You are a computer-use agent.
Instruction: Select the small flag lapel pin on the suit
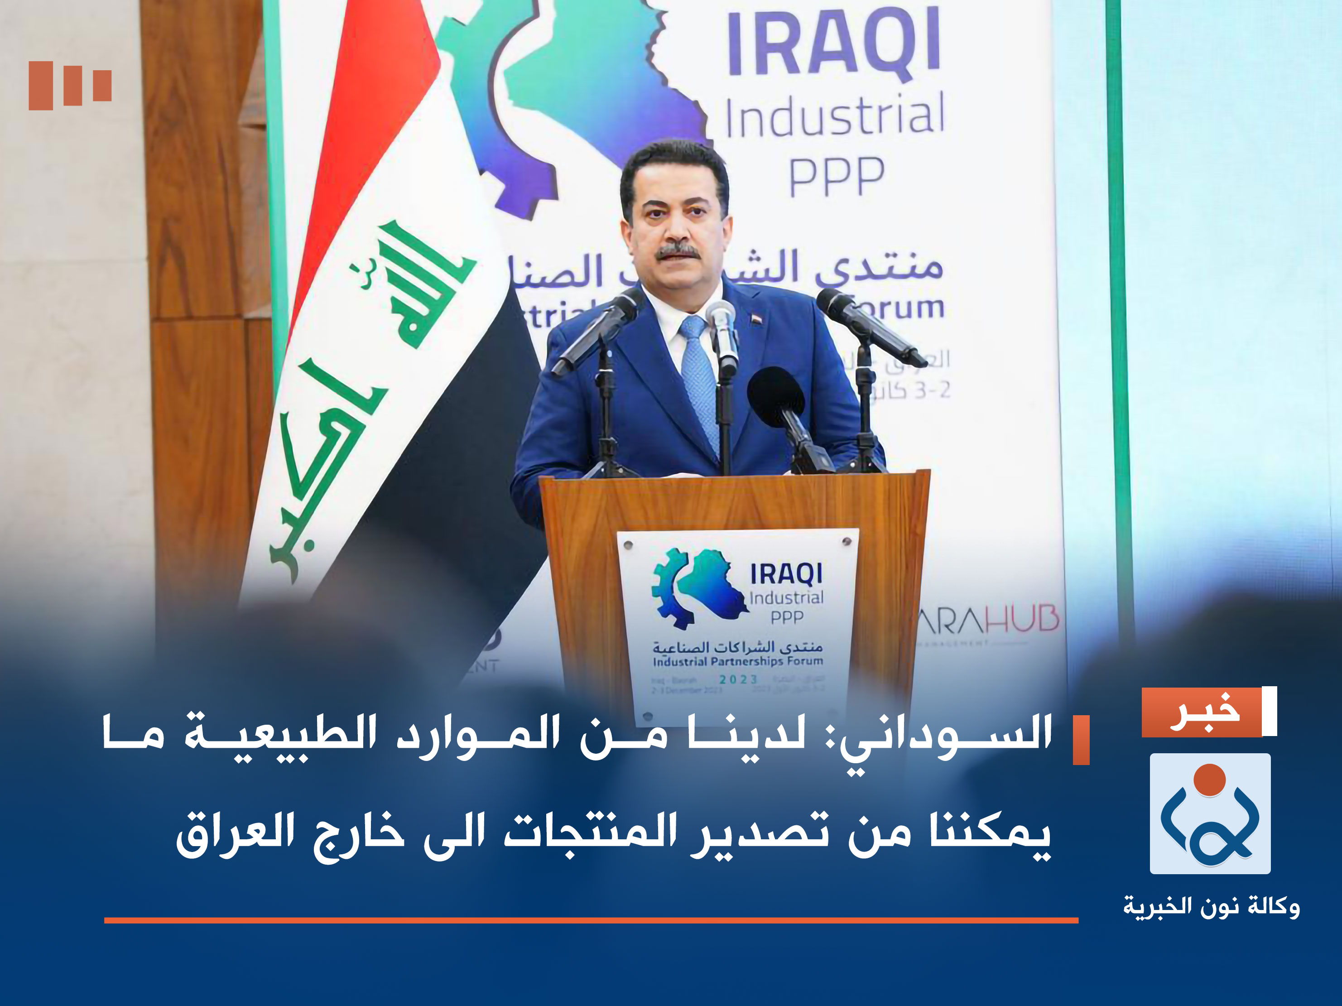pos(756,318)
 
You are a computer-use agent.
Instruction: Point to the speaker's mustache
pos(678,250)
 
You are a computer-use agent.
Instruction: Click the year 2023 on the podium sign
pos(738,679)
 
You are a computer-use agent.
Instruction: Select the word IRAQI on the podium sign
pos(786,574)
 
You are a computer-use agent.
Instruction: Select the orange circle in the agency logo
pos(1209,780)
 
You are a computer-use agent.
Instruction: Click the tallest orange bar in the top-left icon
pos(41,86)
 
